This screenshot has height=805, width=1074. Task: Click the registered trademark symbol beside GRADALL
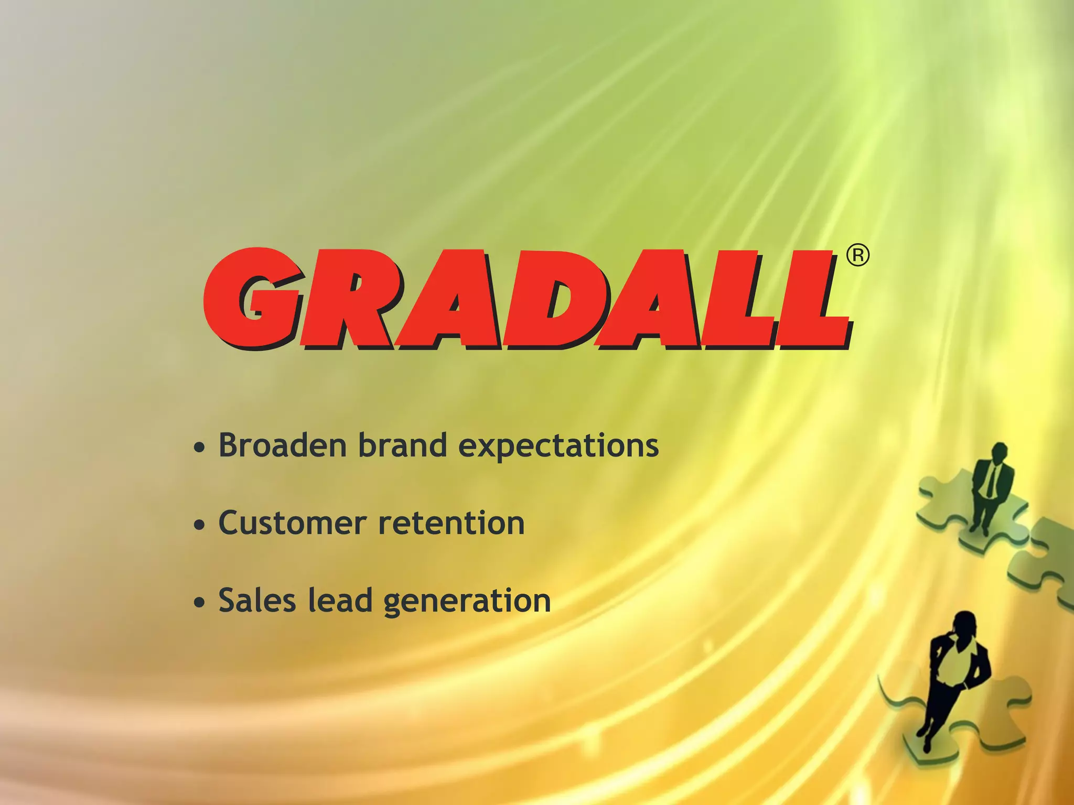[x=858, y=256]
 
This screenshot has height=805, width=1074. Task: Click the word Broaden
[x=283, y=445]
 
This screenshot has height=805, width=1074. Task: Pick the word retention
[x=452, y=523]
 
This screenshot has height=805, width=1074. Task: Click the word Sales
[x=257, y=600]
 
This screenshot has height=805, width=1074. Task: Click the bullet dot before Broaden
[x=199, y=448]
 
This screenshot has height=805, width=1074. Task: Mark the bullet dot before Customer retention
[x=199, y=525]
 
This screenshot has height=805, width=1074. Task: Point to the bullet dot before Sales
[x=199, y=603]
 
